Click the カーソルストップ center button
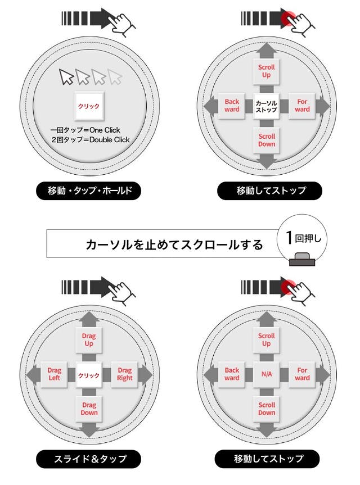pos(266,106)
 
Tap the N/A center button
pos(267,374)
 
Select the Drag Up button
pos(89,339)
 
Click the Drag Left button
pos(54,374)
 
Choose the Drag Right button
pos(124,374)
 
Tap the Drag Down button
pos(89,409)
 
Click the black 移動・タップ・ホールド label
pos(88,191)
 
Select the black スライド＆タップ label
pos(88,459)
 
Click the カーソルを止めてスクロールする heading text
pos(174,244)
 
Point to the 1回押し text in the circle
pos(303,238)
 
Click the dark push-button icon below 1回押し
pos(302,259)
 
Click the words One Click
pos(105,130)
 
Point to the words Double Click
pos(110,140)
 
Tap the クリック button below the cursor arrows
pos(89,106)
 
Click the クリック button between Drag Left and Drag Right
pos(89,375)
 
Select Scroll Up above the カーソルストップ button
pos(267,71)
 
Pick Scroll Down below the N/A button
pos(267,409)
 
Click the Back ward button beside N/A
pos(232,374)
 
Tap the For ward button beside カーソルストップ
pos(302,106)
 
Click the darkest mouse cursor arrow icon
pos(66,76)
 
